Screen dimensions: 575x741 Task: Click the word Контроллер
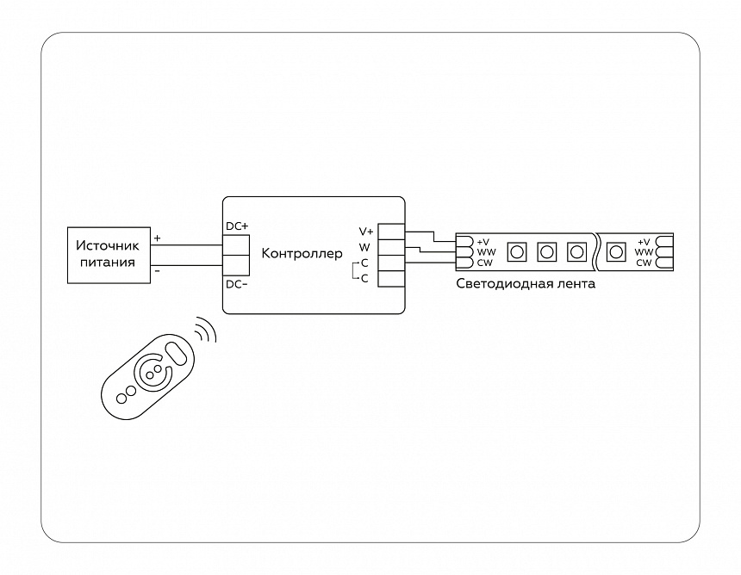[301, 253]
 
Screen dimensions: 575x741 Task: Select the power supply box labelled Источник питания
[109, 254]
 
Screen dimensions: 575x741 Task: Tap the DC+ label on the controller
[237, 226]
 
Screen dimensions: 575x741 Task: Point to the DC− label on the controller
[237, 284]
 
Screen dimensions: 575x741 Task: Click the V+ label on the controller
[366, 232]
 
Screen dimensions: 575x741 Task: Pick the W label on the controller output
[364, 247]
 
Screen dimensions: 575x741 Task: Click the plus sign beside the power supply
[157, 238]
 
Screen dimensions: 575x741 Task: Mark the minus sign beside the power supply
[157, 270]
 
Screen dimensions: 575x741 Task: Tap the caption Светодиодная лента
[525, 283]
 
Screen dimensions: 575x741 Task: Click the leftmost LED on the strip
[517, 252]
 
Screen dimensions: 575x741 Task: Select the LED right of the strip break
[615, 252]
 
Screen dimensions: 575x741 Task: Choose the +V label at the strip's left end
[483, 242]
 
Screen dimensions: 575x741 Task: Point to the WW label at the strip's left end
[484, 252]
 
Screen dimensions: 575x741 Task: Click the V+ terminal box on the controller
[392, 232]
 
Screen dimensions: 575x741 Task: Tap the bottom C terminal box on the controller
[392, 278]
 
